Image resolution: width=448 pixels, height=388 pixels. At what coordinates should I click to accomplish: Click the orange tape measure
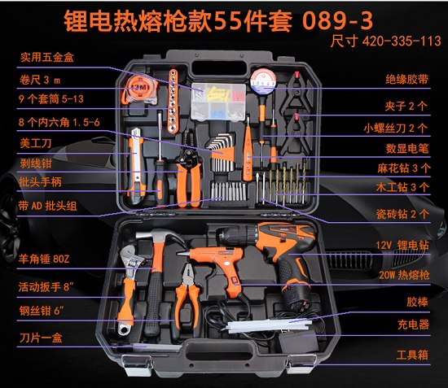(x=139, y=89)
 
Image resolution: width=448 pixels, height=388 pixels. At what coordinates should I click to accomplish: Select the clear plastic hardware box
(x=218, y=102)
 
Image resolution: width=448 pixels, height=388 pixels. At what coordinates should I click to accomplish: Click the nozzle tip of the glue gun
(x=181, y=253)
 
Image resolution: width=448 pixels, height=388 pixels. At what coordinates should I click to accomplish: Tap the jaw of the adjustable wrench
(x=130, y=256)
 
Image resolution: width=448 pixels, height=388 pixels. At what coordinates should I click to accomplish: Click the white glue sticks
(x=269, y=325)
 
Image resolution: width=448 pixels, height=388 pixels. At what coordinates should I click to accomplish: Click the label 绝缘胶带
(x=406, y=80)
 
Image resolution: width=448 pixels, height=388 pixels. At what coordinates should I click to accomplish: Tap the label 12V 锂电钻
(x=402, y=246)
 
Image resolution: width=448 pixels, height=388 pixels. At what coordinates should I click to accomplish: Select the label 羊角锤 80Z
(x=44, y=259)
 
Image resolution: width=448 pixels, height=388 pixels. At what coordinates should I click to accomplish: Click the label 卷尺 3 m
(x=40, y=80)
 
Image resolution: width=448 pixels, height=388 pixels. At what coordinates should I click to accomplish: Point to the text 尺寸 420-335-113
(x=385, y=41)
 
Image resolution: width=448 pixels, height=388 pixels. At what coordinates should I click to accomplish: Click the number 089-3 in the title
(x=337, y=20)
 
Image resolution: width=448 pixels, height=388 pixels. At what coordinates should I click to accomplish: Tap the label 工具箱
(x=412, y=355)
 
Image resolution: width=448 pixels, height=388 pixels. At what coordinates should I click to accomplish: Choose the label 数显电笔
(x=407, y=148)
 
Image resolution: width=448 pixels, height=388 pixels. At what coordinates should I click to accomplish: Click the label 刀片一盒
(x=41, y=338)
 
